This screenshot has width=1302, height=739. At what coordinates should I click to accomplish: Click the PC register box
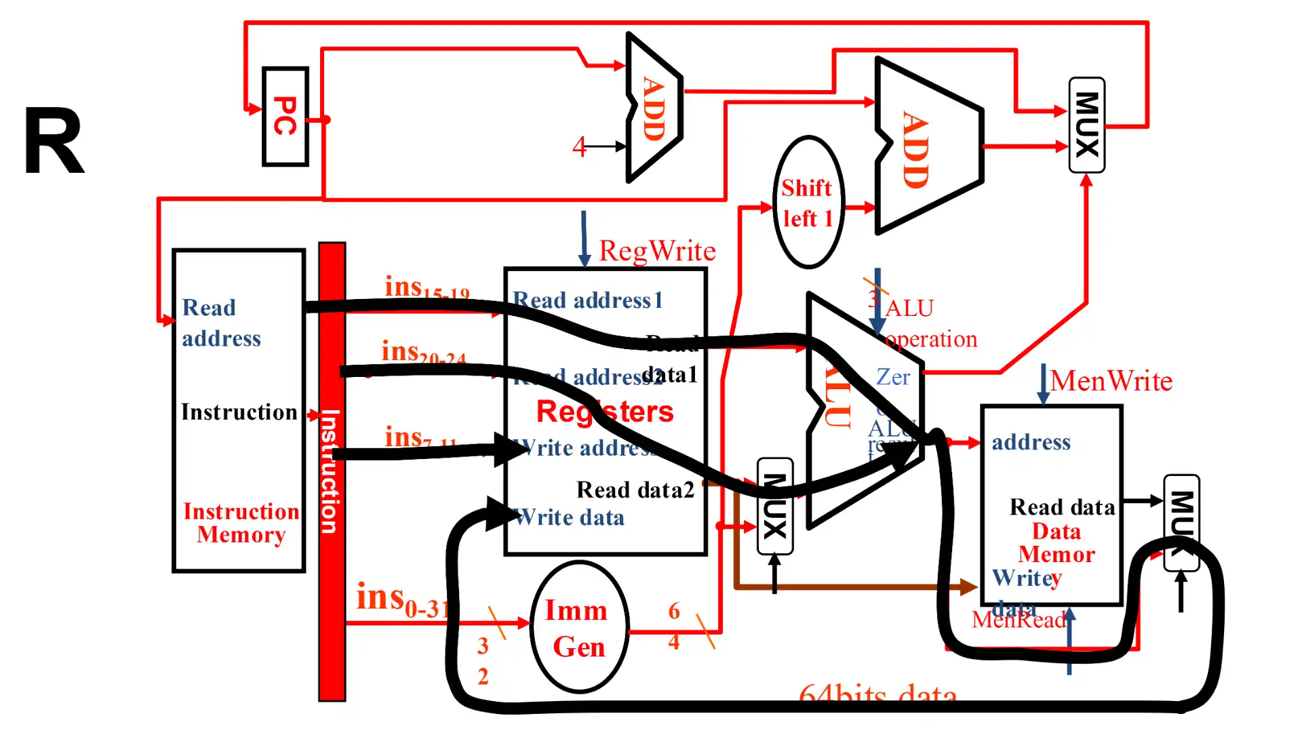click(x=285, y=117)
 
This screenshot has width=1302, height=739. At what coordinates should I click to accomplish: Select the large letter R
click(x=54, y=142)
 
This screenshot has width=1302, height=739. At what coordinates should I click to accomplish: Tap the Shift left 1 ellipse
click(x=808, y=202)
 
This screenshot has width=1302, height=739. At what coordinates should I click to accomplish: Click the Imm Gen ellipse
click(x=578, y=628)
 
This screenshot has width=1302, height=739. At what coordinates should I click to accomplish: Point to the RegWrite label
click(x=656, y=252)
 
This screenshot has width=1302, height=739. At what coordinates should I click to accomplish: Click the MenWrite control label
click(x=1111, y=381)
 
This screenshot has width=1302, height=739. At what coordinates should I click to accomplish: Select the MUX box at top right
click(x=1086, y=125)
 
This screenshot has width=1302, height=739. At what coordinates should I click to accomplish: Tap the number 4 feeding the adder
click(x=578, y=146)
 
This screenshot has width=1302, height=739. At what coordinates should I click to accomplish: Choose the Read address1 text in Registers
click(x=587, y=300)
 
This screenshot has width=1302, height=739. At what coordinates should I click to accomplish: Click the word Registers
click(x=605, y=412)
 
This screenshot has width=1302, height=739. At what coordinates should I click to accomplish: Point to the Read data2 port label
click(x=635, y=490)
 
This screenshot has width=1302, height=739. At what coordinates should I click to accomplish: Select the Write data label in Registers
click(x=570, y=518)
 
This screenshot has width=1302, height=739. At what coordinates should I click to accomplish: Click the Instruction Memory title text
click(x=241, y=523)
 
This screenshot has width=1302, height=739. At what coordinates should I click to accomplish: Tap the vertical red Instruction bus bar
click(x=332, y=475)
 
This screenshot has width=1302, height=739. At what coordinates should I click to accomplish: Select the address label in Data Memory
click(x=1031, y=442)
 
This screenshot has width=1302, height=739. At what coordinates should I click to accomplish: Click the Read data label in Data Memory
click(x=1061, y=507)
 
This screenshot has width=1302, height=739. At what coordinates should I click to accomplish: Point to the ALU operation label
click(x=929, y=324)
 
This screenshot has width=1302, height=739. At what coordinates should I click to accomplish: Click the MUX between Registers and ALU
click(x=774, y=506)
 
